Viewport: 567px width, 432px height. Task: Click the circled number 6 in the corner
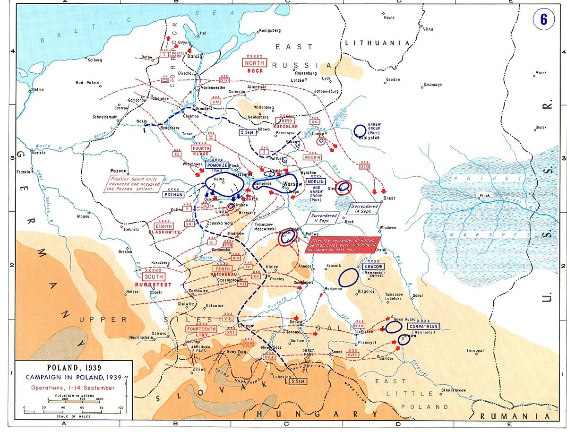[543, 20]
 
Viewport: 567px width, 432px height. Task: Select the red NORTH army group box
[255, 63]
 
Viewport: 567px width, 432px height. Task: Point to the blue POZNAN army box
[173, 194]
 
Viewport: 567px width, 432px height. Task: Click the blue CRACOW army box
[373, 267]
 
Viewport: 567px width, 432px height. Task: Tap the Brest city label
[388, 199]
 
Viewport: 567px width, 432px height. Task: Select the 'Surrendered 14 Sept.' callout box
[364, 209]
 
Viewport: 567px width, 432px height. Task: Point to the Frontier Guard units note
[135, 184]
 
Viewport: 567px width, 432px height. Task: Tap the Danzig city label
[195, 56]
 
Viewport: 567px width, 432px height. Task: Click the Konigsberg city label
[270, 30]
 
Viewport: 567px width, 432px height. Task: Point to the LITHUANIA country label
[377, 43]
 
